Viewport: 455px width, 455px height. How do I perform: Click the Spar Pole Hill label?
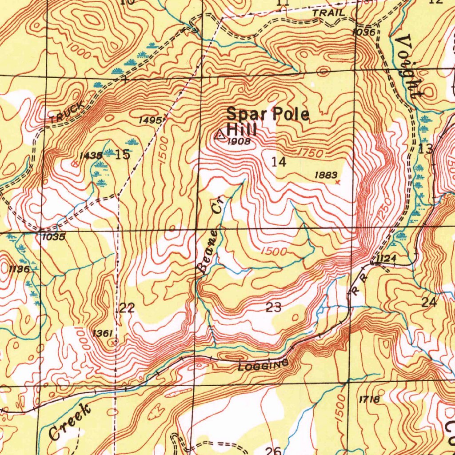click(x=267, y=121)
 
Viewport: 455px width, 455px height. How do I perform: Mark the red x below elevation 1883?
click(x=338, y=182)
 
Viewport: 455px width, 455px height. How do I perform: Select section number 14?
click(x=279, y=162)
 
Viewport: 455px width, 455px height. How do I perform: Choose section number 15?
click(x=123, y=155)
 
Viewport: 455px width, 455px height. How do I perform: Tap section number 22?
click(x=127, y=307)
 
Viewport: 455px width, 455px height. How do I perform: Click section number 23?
click(x=273, y=307)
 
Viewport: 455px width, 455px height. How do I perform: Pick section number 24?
click(x=429, y=303)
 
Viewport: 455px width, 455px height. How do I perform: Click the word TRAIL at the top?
click(x=328, y=13)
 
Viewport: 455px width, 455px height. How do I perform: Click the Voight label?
click(x=411, y=67)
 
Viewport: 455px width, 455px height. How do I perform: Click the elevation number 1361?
click(x=102, y=333)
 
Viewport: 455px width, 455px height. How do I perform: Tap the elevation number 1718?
click(x=369, y=399)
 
